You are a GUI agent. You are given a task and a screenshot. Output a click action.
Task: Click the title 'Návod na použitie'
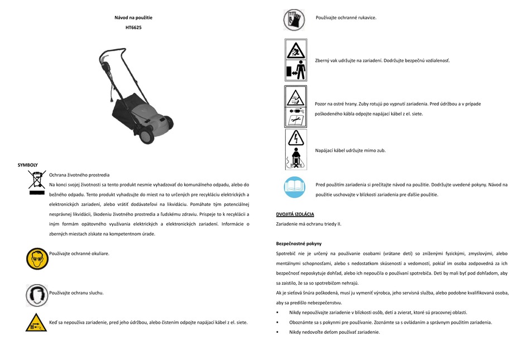pos(133,18)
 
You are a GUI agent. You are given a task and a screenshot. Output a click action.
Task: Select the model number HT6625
pos(133,27)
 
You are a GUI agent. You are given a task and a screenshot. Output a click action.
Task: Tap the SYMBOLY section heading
pos(28,165)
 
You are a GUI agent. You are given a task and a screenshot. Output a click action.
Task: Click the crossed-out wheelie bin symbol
pos(37,184)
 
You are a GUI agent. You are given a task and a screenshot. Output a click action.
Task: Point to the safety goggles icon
pos(37,258)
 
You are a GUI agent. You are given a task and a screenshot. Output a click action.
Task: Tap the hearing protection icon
pos(37,294)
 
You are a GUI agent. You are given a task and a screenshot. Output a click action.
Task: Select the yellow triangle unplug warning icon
pos(36,323)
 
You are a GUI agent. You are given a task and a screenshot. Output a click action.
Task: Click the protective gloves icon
pos(295,20)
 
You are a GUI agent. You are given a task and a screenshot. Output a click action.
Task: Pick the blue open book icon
pos(295,187)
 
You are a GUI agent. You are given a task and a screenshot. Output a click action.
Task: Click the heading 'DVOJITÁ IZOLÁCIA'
pos(295,214)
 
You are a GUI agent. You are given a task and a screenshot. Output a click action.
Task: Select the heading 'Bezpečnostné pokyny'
pos(298,244)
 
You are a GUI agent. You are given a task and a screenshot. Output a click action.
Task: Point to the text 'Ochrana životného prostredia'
pos(79,175)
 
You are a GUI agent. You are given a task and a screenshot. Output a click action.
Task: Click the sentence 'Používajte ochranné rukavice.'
pos(346,18)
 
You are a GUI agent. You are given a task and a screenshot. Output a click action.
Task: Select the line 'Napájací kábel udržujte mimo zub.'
pos(350,150)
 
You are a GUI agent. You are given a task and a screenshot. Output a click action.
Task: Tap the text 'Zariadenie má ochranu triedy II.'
pos(309,224)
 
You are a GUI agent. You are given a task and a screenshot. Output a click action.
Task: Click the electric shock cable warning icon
pos(295,149)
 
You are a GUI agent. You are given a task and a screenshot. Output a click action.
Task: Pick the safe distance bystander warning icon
pos(295,60)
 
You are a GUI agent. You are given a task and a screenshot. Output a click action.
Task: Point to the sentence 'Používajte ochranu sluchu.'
pos(76,292)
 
